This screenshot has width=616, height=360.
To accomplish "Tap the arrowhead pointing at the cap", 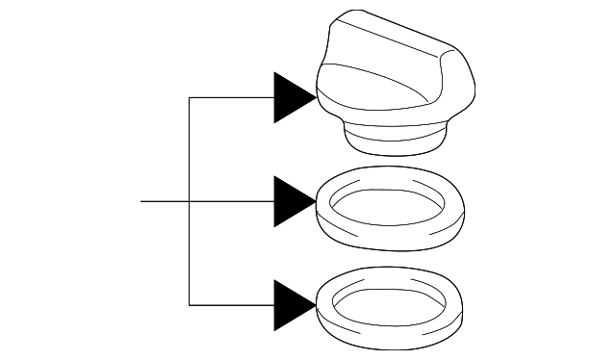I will pyautogui.click(x=293, y=97).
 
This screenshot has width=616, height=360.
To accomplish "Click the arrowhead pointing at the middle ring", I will pyautogui.click(x=293, y=201).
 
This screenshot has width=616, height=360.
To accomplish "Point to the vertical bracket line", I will pyautogui.click(x=190, y=250).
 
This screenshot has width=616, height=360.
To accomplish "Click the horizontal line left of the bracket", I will pyautogui.click(x=164, y=201).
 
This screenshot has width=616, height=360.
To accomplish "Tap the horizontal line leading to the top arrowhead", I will pyautogui.click(x=231, y=97).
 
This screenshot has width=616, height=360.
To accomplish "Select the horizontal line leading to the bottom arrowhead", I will pyautogui.click(x=231, y=304).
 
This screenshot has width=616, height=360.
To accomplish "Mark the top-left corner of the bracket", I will pyautogui.click(x=190, y=97).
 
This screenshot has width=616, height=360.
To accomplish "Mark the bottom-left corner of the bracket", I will pyautogui.click(x=190, y=304).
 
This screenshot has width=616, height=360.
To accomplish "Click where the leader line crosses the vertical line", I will pyautogui.click(x=190, y=201).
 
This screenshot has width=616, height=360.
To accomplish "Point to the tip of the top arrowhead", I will pyautogui.click(x=317, y=97).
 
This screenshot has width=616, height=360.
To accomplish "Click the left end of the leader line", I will pyautogui.click(x=141, y=201).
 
